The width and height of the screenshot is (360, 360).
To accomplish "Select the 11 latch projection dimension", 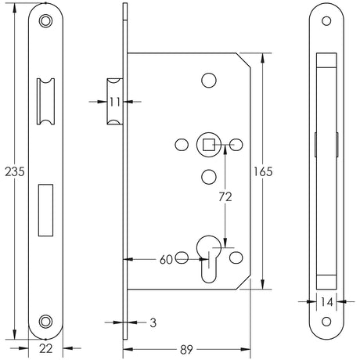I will pyautogui.click(x=114, y=100).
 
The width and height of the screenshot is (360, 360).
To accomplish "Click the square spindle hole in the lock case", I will pyautogui.click(x=209, y=143).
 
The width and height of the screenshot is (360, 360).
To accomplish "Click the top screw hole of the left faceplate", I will pyautogui.click(x=46, y=21).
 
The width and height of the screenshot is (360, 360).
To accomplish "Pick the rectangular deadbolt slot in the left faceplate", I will pyautogui.click(x=46, y=210).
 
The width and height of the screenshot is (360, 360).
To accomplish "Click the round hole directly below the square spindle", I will pyautogui.click(x=209, y=175).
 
